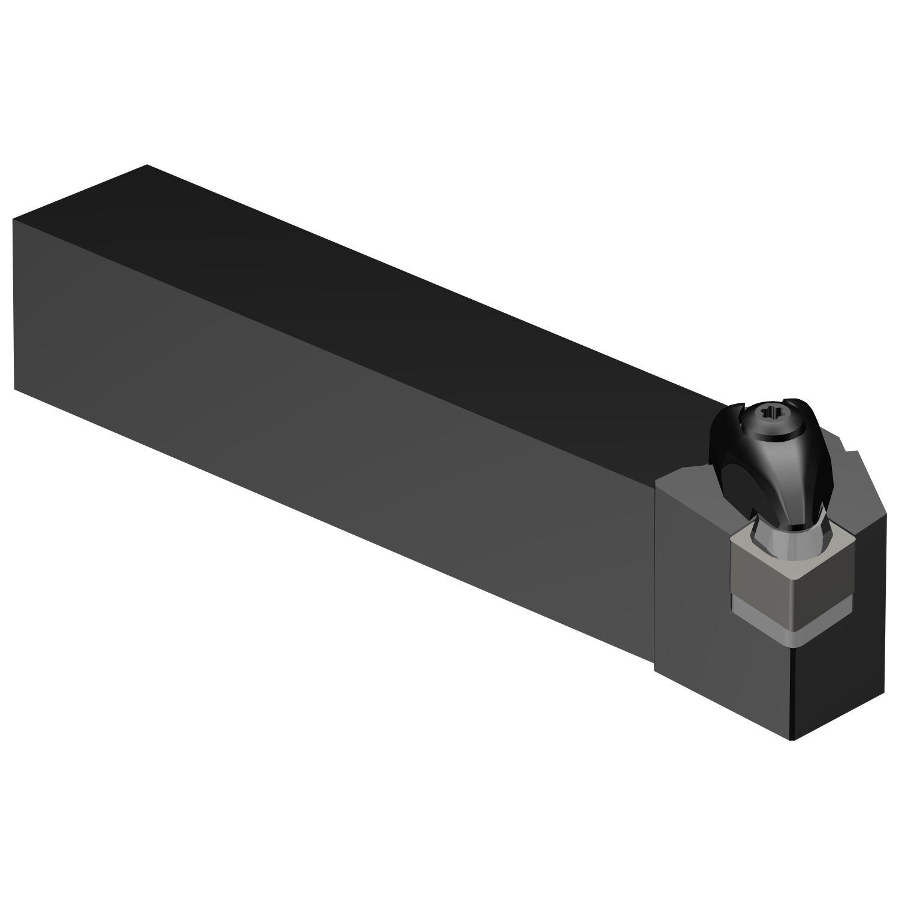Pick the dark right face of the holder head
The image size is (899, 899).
pyautogui.click(x=839, y=659)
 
